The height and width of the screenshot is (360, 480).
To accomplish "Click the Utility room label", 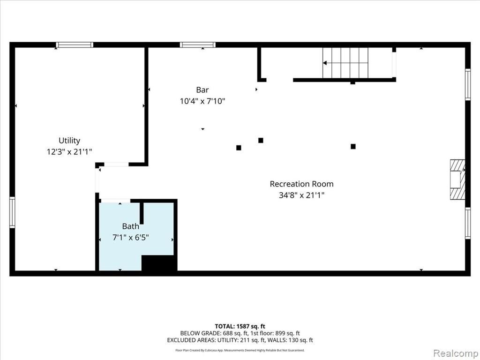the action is [69, 141].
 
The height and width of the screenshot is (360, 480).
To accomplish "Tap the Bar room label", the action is [202, 90].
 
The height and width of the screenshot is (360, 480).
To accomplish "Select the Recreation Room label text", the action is [301, 184].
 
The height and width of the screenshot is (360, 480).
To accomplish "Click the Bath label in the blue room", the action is [130, 226].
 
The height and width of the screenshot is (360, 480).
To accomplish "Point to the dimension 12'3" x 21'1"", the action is [69, 151].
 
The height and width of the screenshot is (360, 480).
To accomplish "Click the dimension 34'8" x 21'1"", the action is [301, 195].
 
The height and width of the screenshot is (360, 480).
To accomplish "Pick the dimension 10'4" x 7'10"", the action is [202, 101].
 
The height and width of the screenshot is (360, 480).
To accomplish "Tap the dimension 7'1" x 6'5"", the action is [130, 238].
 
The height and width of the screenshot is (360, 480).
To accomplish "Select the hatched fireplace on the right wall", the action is [457, 180].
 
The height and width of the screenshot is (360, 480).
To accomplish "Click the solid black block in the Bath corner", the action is [159, 263].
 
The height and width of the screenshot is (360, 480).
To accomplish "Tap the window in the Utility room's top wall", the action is [75, 45].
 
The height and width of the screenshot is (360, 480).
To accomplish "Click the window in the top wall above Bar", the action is [198, 45].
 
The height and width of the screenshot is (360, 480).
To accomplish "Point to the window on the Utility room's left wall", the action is [12, 212].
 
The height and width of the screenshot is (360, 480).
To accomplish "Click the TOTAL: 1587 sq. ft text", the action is [240, 326].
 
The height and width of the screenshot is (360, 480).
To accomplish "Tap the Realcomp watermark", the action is [456, 353].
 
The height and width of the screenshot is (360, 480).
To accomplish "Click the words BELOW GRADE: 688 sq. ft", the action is [214, 333].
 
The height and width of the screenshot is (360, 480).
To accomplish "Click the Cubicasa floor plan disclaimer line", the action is [240, 350].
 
